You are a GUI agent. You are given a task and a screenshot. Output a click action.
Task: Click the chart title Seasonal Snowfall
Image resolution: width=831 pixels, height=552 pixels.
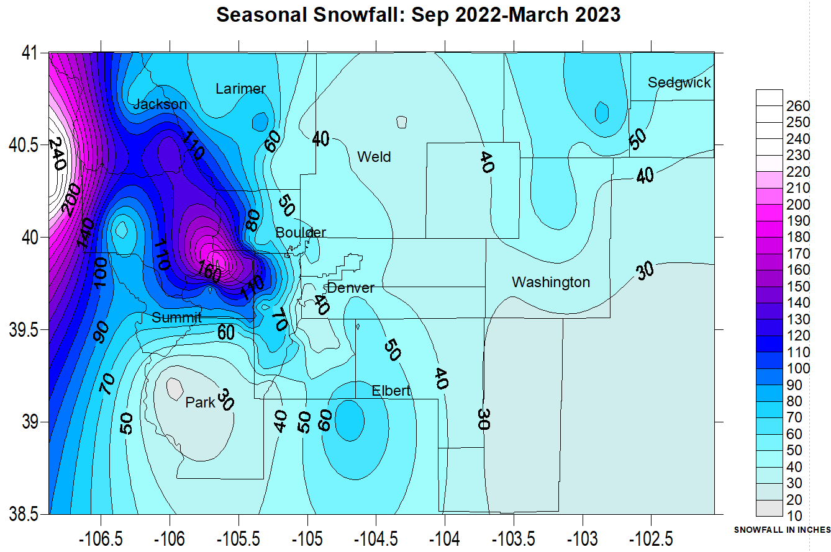(418, 14)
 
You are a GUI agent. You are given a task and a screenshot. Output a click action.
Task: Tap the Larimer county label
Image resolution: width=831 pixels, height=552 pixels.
(240, 89)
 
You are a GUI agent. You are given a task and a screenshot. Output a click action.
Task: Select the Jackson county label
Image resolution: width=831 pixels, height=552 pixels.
(160, 104)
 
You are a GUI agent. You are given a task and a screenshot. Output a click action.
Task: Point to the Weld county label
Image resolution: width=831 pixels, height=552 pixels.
(374, 157)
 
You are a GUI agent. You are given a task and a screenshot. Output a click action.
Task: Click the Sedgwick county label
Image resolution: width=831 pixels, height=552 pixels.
(679, 82)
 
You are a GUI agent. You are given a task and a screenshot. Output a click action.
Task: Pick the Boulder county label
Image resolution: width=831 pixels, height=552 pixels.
(301, 233)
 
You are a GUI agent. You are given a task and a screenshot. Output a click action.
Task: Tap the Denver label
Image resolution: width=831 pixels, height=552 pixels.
(350, 288)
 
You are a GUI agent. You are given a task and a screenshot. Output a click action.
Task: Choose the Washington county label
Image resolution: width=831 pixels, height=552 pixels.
(550, 282)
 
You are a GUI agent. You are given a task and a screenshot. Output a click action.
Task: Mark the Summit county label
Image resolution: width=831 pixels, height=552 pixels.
(176, 318)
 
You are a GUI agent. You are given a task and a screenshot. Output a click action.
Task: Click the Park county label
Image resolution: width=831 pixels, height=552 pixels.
(200, 403)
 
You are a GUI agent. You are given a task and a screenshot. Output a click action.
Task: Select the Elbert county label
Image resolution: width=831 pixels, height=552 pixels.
(391, 391)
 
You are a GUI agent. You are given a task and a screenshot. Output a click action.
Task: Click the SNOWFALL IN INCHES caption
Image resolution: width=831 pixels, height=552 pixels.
(782, 530)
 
